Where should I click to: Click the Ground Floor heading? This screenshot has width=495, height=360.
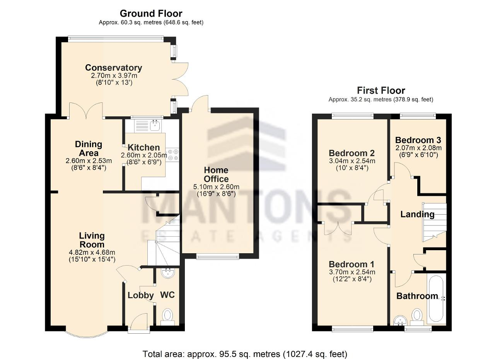point(151,14)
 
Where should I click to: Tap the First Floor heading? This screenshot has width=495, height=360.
point(381,90)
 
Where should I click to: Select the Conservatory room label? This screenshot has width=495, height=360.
point(114,68)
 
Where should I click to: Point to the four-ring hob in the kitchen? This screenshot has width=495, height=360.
point(173,155)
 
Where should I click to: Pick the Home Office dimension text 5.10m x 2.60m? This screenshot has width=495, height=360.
point(216,187)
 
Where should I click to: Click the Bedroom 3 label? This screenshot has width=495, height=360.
point(418,140)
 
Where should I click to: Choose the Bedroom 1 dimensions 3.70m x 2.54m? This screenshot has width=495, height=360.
point(352,272)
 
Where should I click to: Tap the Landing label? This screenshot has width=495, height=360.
point(417,214)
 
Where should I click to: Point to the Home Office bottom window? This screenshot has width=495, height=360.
point(218,257)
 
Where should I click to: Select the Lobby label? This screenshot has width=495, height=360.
point(140,295)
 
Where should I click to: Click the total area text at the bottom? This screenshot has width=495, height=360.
point(245,354)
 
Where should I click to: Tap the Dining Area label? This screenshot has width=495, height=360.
point(89,148)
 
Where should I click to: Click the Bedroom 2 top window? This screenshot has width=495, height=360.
point(352,116)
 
